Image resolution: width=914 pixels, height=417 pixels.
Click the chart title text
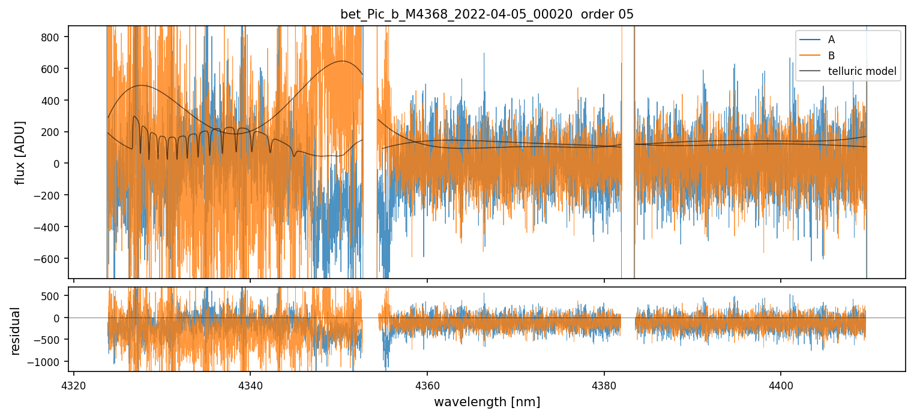pyautogui.click(x=487, y=14)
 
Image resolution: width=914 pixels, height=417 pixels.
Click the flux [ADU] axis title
pyautogui.click(x=20, y=152)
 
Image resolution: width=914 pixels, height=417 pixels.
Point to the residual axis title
pyautogui.click(x=16, y=330)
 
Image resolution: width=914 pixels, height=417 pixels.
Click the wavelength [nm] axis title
pyautogui.click(x=487, y=402)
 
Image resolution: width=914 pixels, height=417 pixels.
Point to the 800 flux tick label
pyautogui.click(x=53, y=37)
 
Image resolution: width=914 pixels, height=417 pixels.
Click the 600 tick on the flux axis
pyautogui.click(x=53, y=69)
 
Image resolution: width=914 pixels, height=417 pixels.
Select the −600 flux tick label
pyautogui.click(x=51, y=259)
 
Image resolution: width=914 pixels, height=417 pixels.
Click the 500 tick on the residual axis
pyautogui.click(x=53, y=296)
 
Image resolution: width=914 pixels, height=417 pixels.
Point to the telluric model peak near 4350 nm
pyautogui.click(x=343, y=61)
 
